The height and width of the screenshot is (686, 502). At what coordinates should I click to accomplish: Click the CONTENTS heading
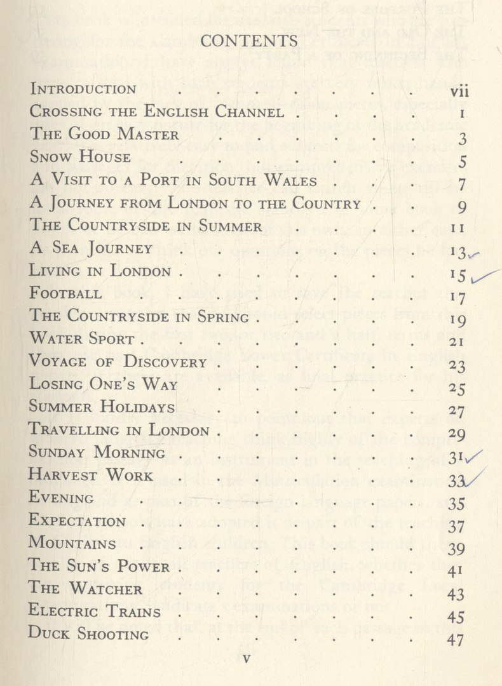248,41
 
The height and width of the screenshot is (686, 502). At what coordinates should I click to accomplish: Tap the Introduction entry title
83,90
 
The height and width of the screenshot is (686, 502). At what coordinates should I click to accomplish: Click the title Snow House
81,157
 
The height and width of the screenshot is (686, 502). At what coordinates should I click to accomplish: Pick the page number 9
462,206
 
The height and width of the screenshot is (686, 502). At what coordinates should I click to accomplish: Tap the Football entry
66,293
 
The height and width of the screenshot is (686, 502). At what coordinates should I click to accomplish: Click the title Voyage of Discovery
119,362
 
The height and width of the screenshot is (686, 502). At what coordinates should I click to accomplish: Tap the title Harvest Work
92,475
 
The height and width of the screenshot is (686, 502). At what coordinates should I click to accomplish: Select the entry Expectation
78,521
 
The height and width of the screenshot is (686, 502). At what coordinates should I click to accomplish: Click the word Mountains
73,544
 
